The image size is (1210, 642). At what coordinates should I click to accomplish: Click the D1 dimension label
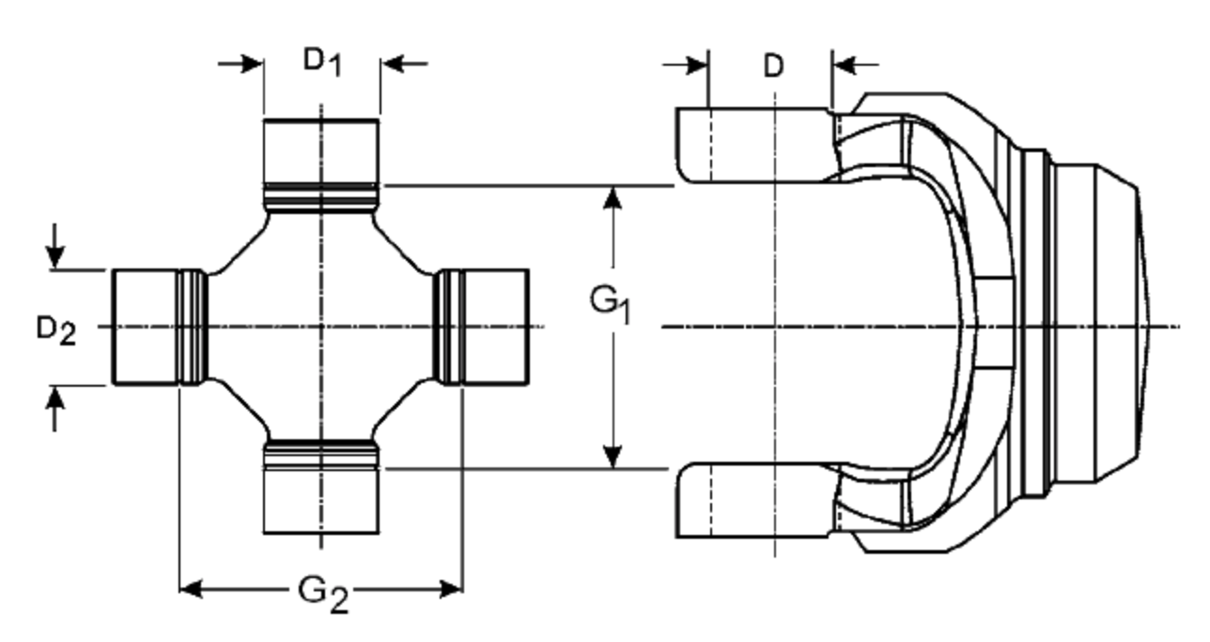[321, 62]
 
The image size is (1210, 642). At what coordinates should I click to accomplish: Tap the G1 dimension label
[611, 304]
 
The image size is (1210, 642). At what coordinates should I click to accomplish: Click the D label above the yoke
[773, 67]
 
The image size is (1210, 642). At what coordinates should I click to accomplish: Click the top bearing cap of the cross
[321, 150]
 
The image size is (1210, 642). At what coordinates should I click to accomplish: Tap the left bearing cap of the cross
[146, 327]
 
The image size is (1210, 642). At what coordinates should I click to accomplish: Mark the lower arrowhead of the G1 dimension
[613, 456]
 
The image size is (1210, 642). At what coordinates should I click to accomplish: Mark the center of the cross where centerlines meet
[321, 327]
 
